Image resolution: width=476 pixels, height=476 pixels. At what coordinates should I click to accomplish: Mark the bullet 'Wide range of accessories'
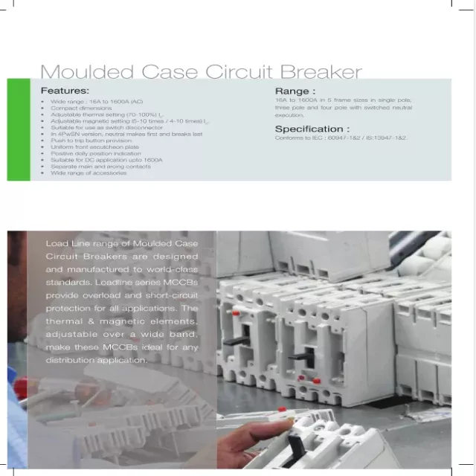pos(83,173)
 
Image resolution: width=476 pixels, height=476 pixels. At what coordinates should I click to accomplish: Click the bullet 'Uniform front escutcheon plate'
pos(90,147)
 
